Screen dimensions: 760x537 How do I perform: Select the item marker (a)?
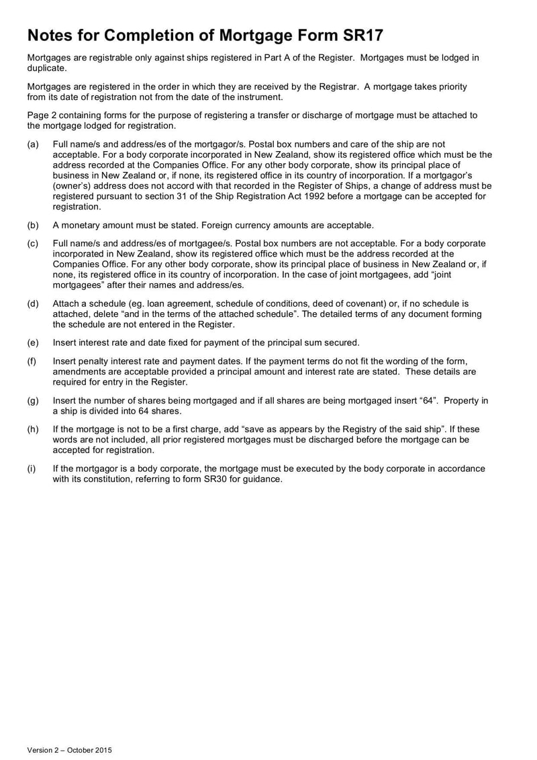[33, 144]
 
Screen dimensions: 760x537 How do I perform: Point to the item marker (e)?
[33, 342]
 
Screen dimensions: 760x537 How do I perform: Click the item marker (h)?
[33, 430]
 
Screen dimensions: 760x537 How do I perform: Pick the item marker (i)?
[32, 469]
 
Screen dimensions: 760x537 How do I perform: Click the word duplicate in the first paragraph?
[46, 68]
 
